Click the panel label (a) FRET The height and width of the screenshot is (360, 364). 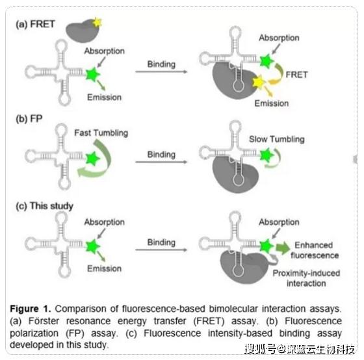[35, 24]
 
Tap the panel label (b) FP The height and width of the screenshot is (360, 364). [29, 119]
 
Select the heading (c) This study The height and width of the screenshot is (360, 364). [44, 206]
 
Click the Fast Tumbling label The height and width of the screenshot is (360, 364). [101, 133]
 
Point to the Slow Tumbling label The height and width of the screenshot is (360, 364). [277, 139]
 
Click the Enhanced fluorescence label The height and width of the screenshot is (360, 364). [315, 250]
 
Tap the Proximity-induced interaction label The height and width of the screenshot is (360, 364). [306, 278]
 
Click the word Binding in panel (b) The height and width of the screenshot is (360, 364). [161, 155]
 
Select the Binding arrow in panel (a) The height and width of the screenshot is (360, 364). [161, 71]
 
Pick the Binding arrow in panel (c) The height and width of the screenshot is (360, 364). [161, 250]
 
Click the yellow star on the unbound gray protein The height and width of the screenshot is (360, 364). [97, 22]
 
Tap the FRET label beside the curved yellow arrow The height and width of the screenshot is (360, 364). [296, 75]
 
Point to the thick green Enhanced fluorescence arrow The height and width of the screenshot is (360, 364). [283, 248]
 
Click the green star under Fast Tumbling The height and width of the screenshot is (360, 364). [92, 159]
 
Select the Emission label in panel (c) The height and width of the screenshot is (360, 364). [104, 268]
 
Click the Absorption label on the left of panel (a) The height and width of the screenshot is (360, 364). [104, 51]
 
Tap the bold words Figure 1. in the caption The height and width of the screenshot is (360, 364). [30, 309]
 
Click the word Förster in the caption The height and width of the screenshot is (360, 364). [44, 321]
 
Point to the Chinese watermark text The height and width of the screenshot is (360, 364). [300, 349]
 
